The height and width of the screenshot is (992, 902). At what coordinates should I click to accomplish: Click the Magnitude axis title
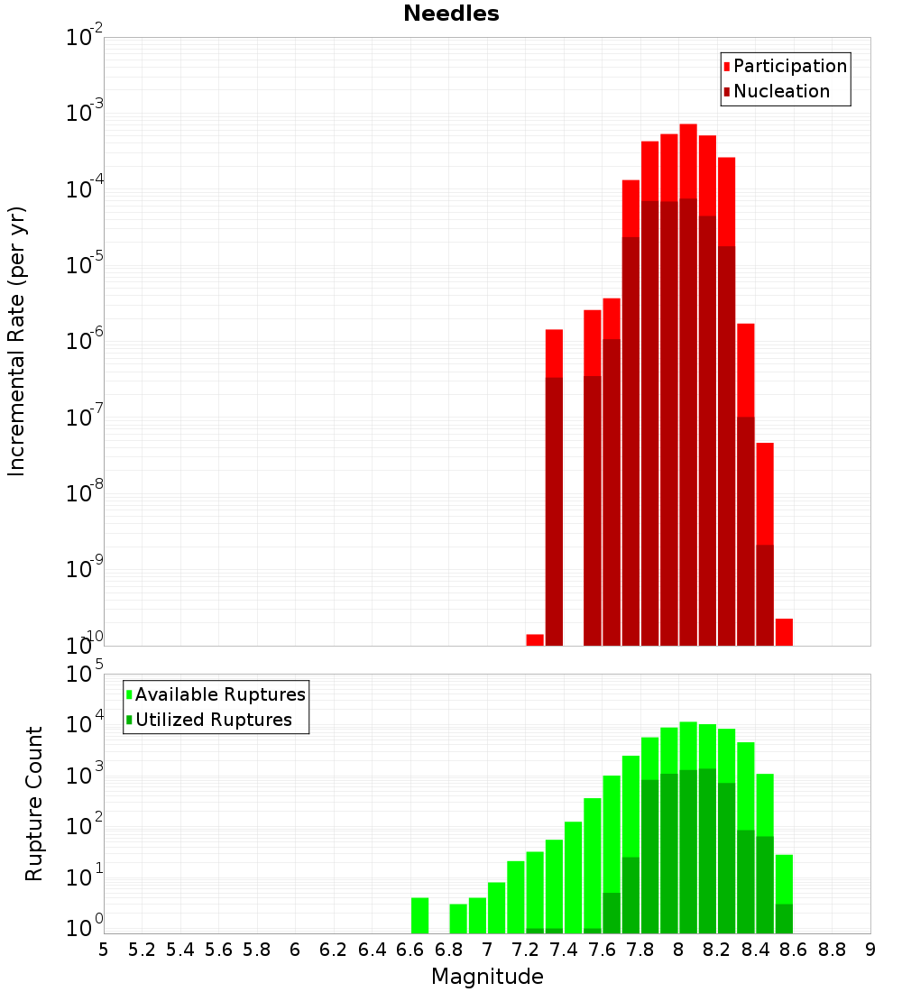point(487,977)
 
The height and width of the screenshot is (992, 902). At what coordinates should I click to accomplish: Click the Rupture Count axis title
point(34,804)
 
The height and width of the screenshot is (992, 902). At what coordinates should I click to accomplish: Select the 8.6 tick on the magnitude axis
point(794,950)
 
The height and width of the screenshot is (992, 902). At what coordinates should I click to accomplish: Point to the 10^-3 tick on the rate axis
point(85,114)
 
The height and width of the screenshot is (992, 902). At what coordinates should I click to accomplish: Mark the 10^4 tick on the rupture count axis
point(85,724)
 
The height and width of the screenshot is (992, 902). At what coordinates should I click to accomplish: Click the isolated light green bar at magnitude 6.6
point(419,915)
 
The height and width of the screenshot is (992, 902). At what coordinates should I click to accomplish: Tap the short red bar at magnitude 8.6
point(784,631)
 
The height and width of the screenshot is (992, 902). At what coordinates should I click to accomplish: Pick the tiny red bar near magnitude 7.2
point(535,639)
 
